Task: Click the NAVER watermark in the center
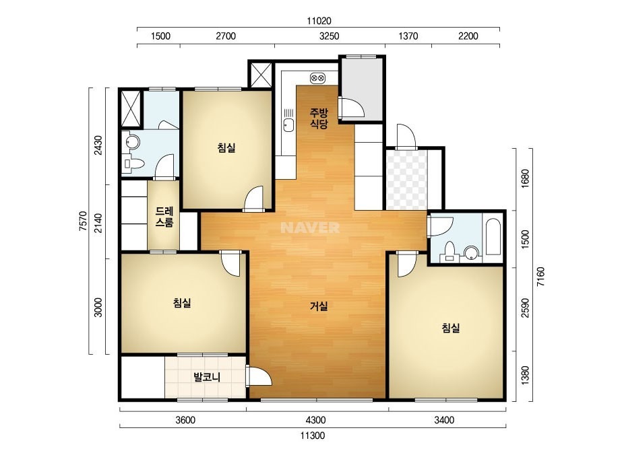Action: click(x=310, y=228)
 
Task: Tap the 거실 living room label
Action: click(x=319, y=306)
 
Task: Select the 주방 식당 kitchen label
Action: click(x=319, y=118)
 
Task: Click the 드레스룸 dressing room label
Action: click(x=164, y=217)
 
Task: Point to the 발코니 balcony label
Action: click(x=207, y=376)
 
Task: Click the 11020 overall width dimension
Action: click(x=319, y=21)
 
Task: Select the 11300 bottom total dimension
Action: click(x=313, y=435)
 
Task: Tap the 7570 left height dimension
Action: click(x=83, y=221)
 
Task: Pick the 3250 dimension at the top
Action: click(x=330, y=36)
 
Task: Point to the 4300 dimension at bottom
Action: click(x=316, y=420)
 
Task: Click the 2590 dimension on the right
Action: click(x=525, y=308)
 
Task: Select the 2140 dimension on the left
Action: click(x=98, y=223)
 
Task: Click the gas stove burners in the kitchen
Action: click(x=318, y=78)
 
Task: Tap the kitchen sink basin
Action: click(x=288, y=125)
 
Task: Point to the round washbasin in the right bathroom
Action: click(x=471, y=253)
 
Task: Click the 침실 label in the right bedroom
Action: click(x=451, y=328)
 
